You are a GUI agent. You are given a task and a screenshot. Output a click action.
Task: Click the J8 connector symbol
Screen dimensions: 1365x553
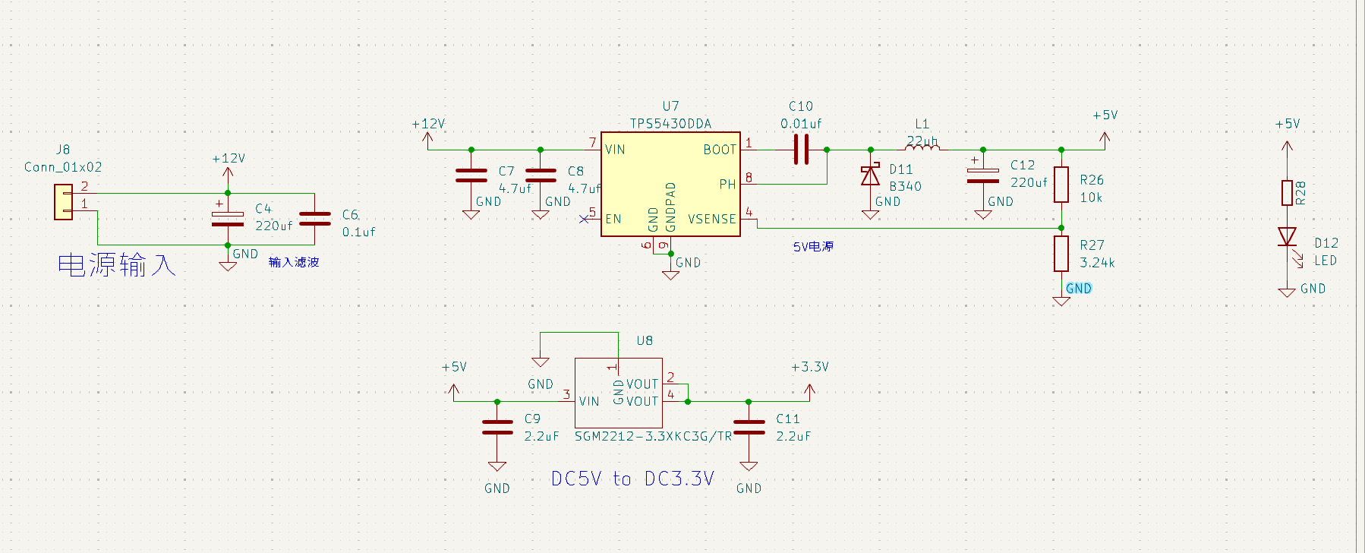click(63, 202)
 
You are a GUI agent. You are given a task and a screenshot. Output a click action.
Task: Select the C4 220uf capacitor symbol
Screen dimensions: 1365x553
click(228, 218)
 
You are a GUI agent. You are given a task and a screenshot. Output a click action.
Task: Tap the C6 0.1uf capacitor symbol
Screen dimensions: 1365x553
click(315, 219)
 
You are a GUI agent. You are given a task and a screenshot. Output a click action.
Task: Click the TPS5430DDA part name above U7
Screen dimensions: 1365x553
click(670, 124)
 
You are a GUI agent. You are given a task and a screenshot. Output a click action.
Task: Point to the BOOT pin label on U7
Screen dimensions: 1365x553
click(720, 150)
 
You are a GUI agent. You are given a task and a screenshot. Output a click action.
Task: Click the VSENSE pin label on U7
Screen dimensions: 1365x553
click(712, 219)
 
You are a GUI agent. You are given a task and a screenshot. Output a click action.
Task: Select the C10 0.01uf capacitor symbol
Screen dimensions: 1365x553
click(801, 150)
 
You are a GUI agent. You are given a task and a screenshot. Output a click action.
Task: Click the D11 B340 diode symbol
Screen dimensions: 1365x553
click(870, 175)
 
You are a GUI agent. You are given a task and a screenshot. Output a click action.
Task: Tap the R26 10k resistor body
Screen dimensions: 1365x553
click(1061, 185)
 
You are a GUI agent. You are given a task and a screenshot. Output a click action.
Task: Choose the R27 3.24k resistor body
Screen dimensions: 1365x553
click(1061, 254)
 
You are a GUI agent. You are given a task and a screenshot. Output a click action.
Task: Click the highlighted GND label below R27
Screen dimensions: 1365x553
click(1079, 289)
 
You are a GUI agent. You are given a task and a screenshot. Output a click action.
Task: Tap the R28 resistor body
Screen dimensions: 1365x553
click(1287, 193)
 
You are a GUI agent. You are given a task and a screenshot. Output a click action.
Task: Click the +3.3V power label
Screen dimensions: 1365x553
click(810, 367)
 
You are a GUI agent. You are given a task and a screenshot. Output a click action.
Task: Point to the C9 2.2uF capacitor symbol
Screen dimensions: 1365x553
click(497, 427)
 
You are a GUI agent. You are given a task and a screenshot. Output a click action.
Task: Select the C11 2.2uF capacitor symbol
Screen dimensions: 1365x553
click(749, 427)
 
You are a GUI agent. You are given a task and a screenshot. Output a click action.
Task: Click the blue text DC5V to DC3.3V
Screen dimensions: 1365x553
click(632, 479)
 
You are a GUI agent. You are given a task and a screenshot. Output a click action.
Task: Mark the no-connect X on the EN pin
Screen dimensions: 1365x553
click(584, 220)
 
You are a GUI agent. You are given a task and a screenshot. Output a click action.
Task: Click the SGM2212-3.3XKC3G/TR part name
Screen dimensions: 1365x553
click(653, 436)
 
